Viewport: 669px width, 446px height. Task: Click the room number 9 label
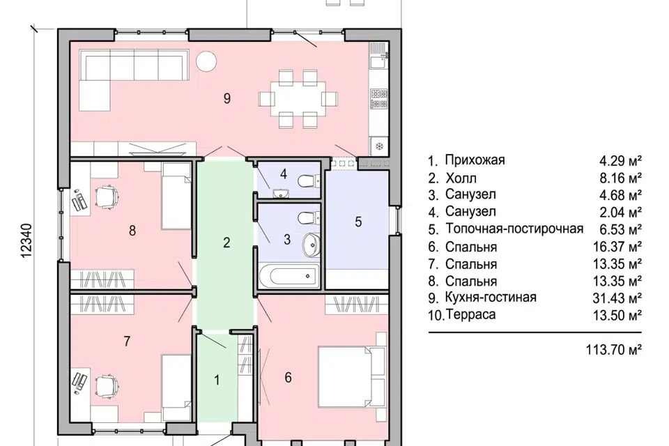[226, 98]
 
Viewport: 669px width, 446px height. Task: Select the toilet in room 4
[305, 182]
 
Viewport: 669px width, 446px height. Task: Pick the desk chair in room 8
[107, 197]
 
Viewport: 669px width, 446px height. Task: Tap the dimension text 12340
[27, 242]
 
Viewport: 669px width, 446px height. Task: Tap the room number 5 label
[358, 222]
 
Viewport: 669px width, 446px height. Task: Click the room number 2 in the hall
[226, 243]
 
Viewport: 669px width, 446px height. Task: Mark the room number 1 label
[217, 380]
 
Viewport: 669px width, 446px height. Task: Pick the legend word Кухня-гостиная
[491, 298]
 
